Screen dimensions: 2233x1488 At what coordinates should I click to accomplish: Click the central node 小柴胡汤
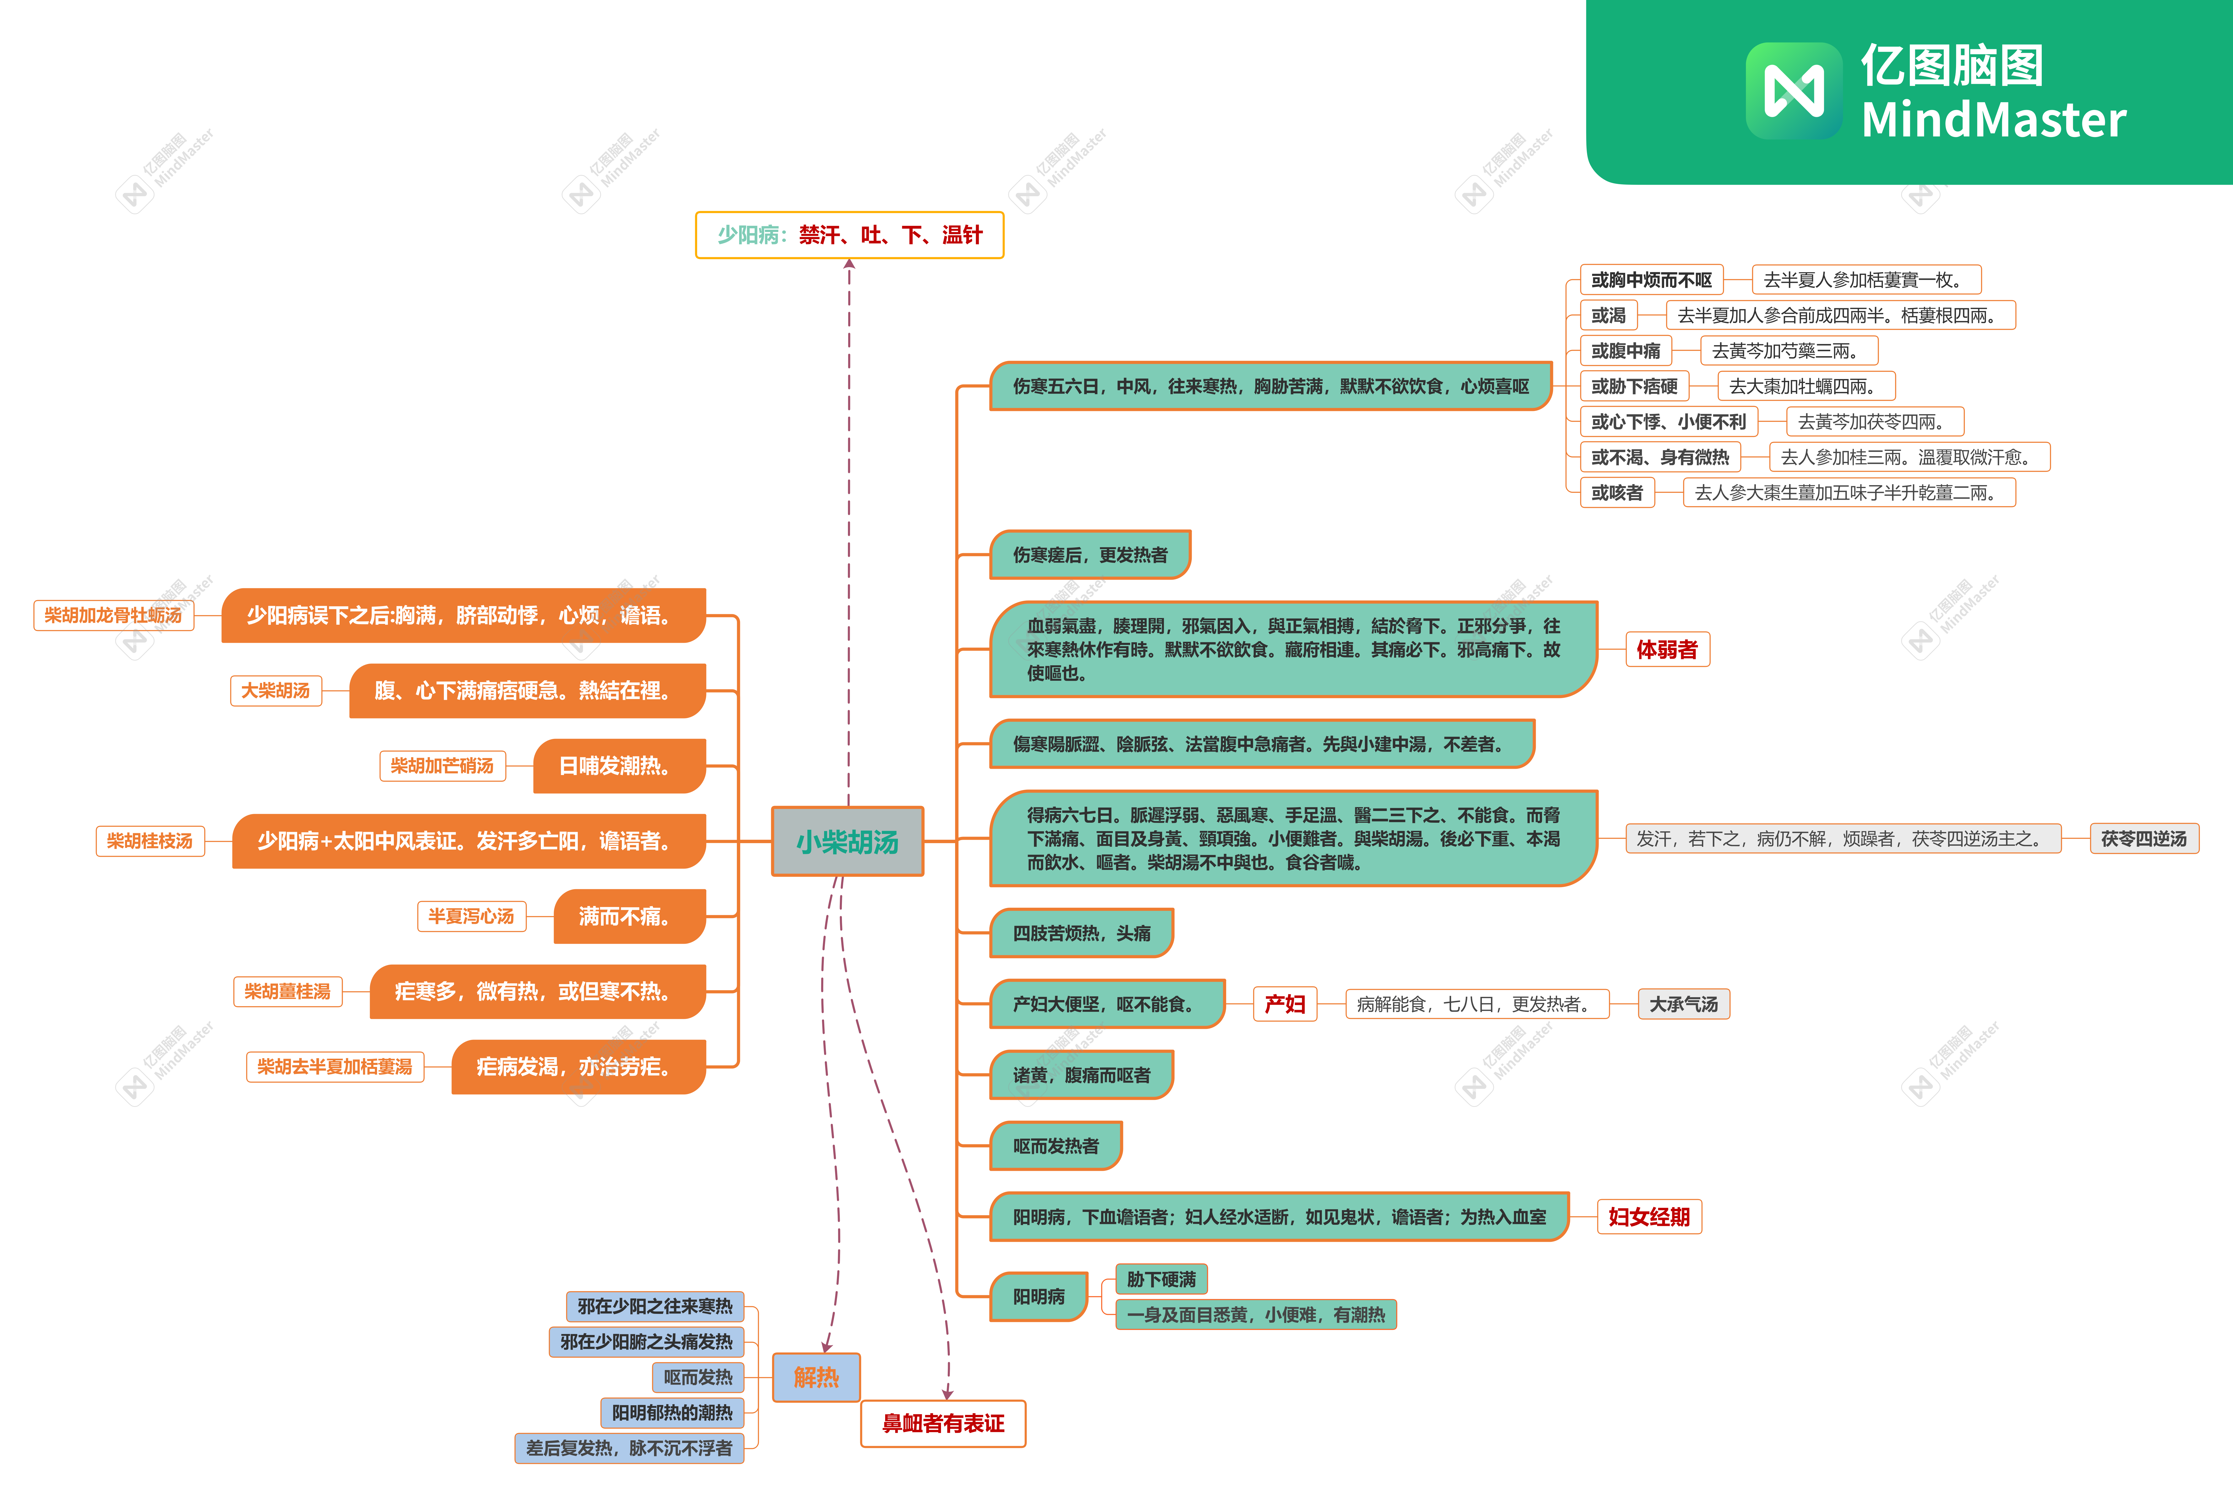(x=847, y=841)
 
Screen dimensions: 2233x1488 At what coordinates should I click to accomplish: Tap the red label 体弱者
(x=1667, y=649)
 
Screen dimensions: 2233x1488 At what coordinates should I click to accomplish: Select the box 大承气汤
(x=1683, y=1004)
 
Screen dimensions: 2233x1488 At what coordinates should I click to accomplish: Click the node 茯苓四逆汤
(x=2144, y=839)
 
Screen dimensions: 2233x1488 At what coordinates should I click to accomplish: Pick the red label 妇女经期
(x=1649, y=1217)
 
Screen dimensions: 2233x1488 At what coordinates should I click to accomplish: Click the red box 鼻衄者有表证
(x=943, y=1424)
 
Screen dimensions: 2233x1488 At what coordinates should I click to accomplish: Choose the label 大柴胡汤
(x=275, y=690)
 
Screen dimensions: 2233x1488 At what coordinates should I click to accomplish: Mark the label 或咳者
(x=1617, y=492)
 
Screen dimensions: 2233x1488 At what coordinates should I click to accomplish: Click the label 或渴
(x=1608, y=315)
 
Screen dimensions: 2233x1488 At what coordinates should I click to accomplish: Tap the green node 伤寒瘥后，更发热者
(x=1090, y=554)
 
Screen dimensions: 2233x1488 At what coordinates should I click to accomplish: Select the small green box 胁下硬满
(x=1161, y=1279)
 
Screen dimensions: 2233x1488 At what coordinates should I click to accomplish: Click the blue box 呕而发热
(x=698, y=1377)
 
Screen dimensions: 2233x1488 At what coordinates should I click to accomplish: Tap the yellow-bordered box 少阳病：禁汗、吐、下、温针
(x=850, y=234)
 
